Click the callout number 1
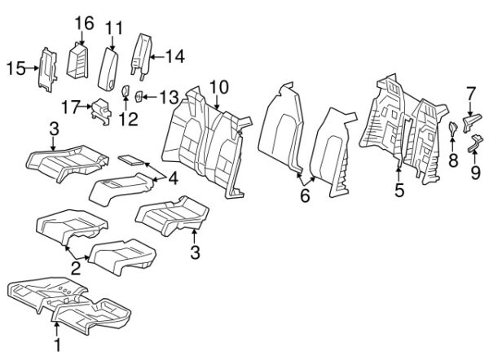click(x=58, y=345)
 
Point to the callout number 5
click(x=399, y=191)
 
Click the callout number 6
click(x=306, y=195)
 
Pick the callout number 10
click(x=218, y=86)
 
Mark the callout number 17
click(x=71, y=105)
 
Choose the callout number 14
click(x=174, y=56)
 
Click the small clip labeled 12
click(x=126, y=90)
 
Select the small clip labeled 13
click(x=140, y=97)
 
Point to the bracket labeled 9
click(x=474, y=144)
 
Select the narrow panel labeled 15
click(x=45, y=68)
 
